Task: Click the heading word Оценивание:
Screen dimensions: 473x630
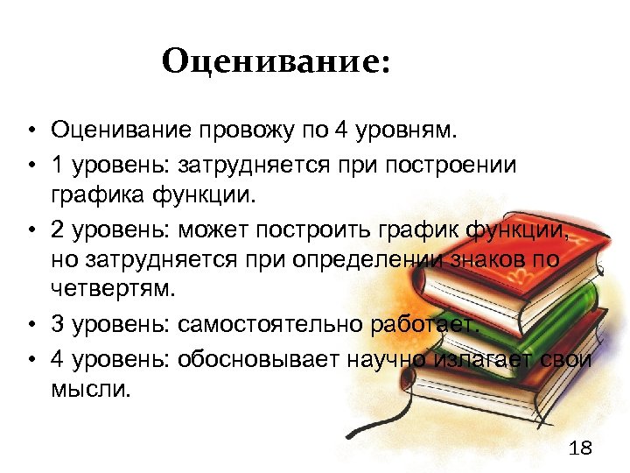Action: point(275,61)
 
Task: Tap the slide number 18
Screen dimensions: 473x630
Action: point(580,448)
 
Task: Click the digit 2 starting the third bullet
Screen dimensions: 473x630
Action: point(58,230)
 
